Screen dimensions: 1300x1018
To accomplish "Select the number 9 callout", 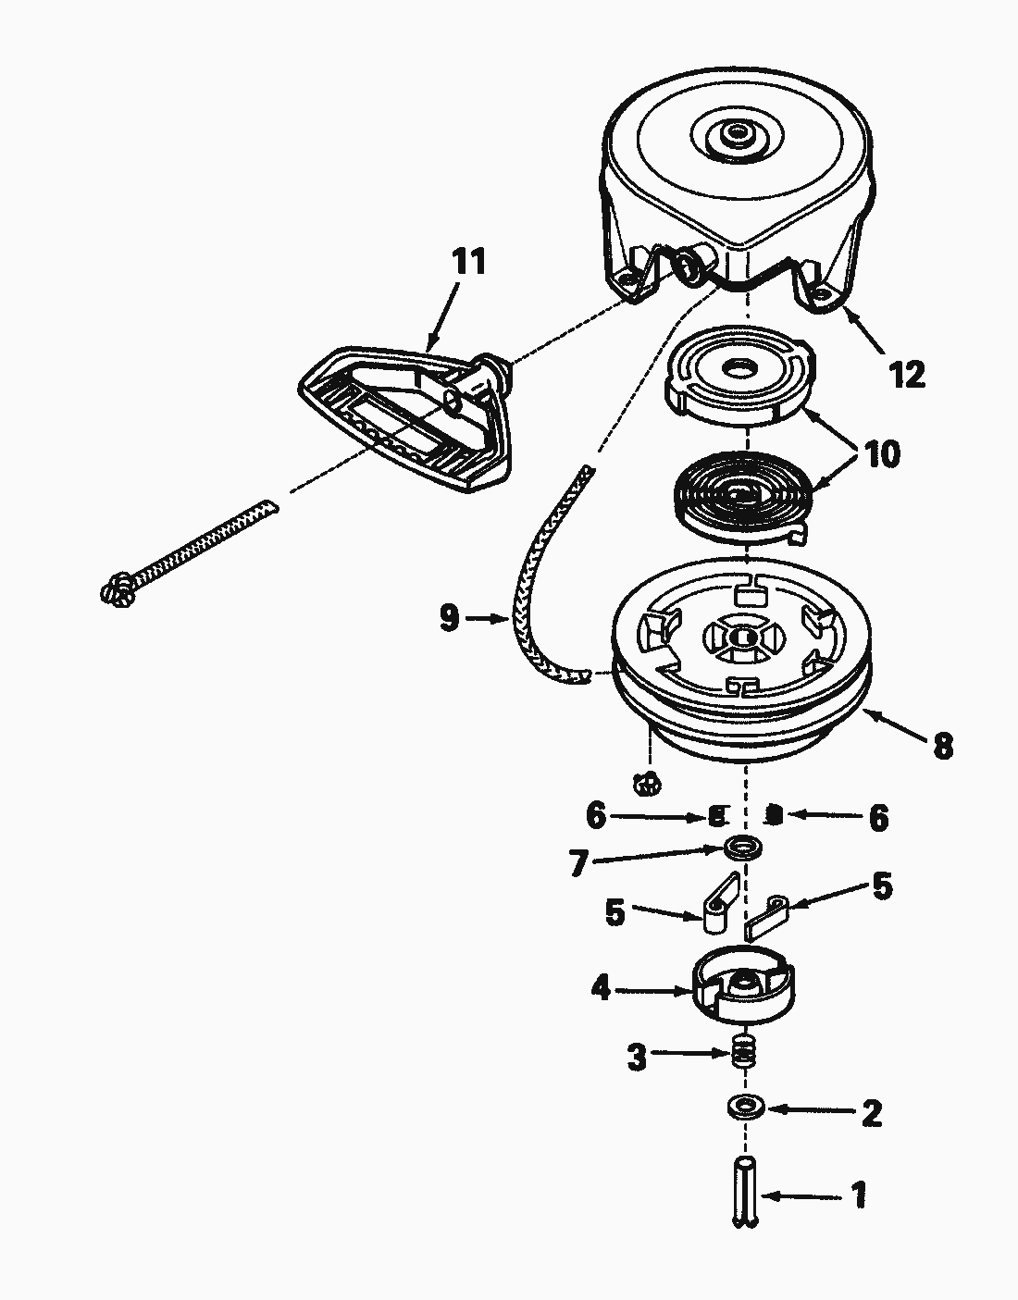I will pyautogui.click(x=449, y=617).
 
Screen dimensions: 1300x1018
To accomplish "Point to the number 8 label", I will pyautogui.click(x=942, y=746).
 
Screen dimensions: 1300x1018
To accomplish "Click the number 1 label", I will pyautogui.click(x=858, y=1195).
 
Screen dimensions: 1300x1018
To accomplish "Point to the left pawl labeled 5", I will pyautogui.click(x=714, y=909).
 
